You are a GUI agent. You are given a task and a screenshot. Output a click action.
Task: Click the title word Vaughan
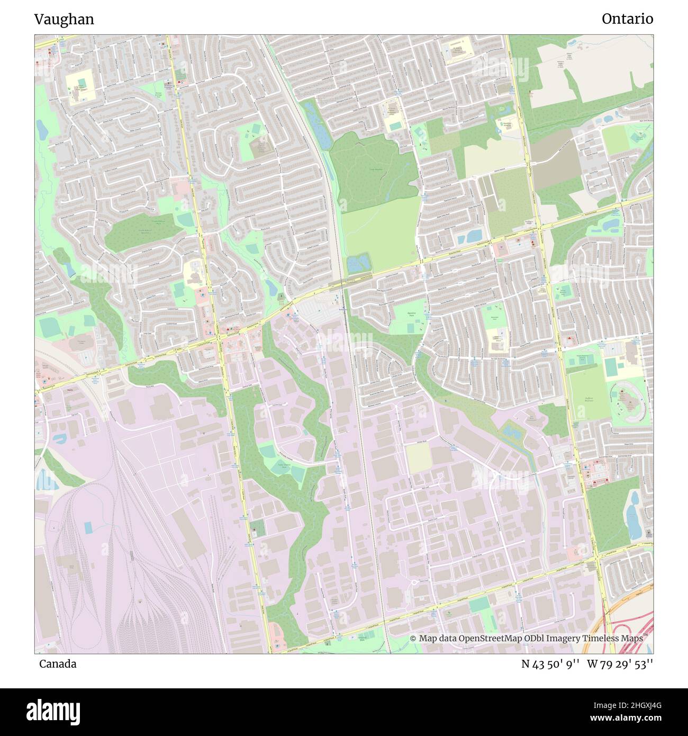(64, 20)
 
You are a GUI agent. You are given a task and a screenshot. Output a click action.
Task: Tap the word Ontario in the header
(627, 19)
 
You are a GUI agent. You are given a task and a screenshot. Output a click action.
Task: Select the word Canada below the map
(57, 664)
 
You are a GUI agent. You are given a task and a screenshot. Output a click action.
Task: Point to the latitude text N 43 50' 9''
(550, 664)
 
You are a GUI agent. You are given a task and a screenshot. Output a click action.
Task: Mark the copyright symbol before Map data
(413, 639)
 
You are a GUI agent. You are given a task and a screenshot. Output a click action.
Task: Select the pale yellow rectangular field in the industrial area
(418, 457)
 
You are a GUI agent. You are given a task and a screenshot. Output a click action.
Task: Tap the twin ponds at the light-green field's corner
(359, 262)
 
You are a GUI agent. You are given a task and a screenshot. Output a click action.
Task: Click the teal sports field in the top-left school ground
(80, 83)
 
